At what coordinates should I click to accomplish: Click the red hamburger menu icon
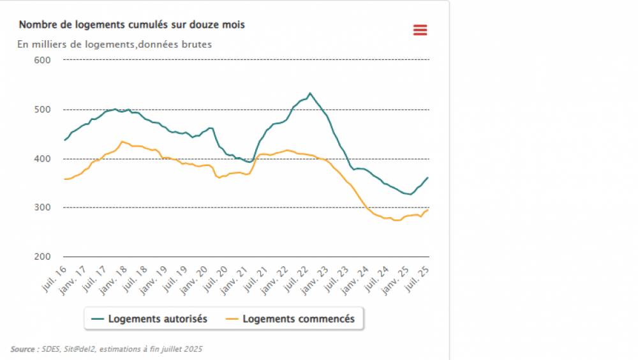pos(420,30)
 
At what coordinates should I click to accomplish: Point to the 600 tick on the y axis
pos(42,60)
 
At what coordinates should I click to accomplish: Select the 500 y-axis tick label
pos(42,110)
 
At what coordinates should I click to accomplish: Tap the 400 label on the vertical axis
pos(42,159)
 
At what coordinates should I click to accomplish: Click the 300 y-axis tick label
pos(42,208)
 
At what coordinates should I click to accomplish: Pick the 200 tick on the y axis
pos(42,257)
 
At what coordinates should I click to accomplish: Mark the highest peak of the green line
pos(310,93)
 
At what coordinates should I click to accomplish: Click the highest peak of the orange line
pos(122,141)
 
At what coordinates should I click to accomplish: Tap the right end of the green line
pos(427,177)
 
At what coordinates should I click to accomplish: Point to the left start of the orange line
pos(64,179)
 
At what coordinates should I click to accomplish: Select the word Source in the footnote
pos(22,349)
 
